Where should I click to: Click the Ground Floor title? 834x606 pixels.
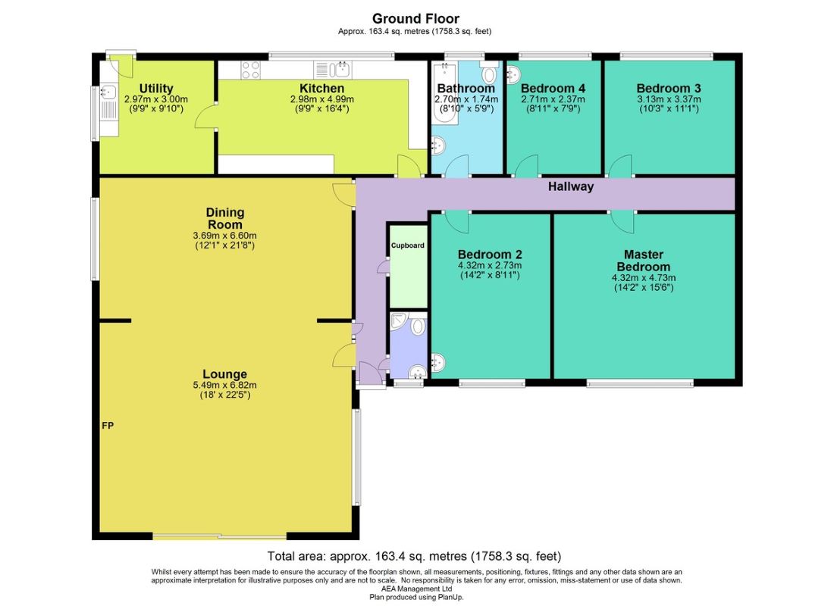(415, 19)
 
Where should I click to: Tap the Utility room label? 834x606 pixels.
(156, 88)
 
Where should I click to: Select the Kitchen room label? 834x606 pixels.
(321, 88)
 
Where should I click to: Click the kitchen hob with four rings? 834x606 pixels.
(251, 70)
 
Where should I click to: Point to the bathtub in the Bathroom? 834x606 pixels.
(441, 94)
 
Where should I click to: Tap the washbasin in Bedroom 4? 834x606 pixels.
(514, 74)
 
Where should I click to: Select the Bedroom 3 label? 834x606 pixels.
(669, 88)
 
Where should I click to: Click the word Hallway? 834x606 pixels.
(571, 186)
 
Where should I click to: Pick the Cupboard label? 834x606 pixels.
(407, 245)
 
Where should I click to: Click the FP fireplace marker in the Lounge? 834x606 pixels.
(108, 425)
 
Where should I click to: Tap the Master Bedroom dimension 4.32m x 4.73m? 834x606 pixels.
(644, 278)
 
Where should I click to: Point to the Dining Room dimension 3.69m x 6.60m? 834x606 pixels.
(225, 236)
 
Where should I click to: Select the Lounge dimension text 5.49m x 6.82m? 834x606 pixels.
(225, 385)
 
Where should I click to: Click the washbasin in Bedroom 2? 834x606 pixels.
(438, 363)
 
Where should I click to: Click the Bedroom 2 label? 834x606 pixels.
(490, 254)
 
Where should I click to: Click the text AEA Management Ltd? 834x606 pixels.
(416, 589)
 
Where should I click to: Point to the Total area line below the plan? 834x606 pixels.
(414, 557)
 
